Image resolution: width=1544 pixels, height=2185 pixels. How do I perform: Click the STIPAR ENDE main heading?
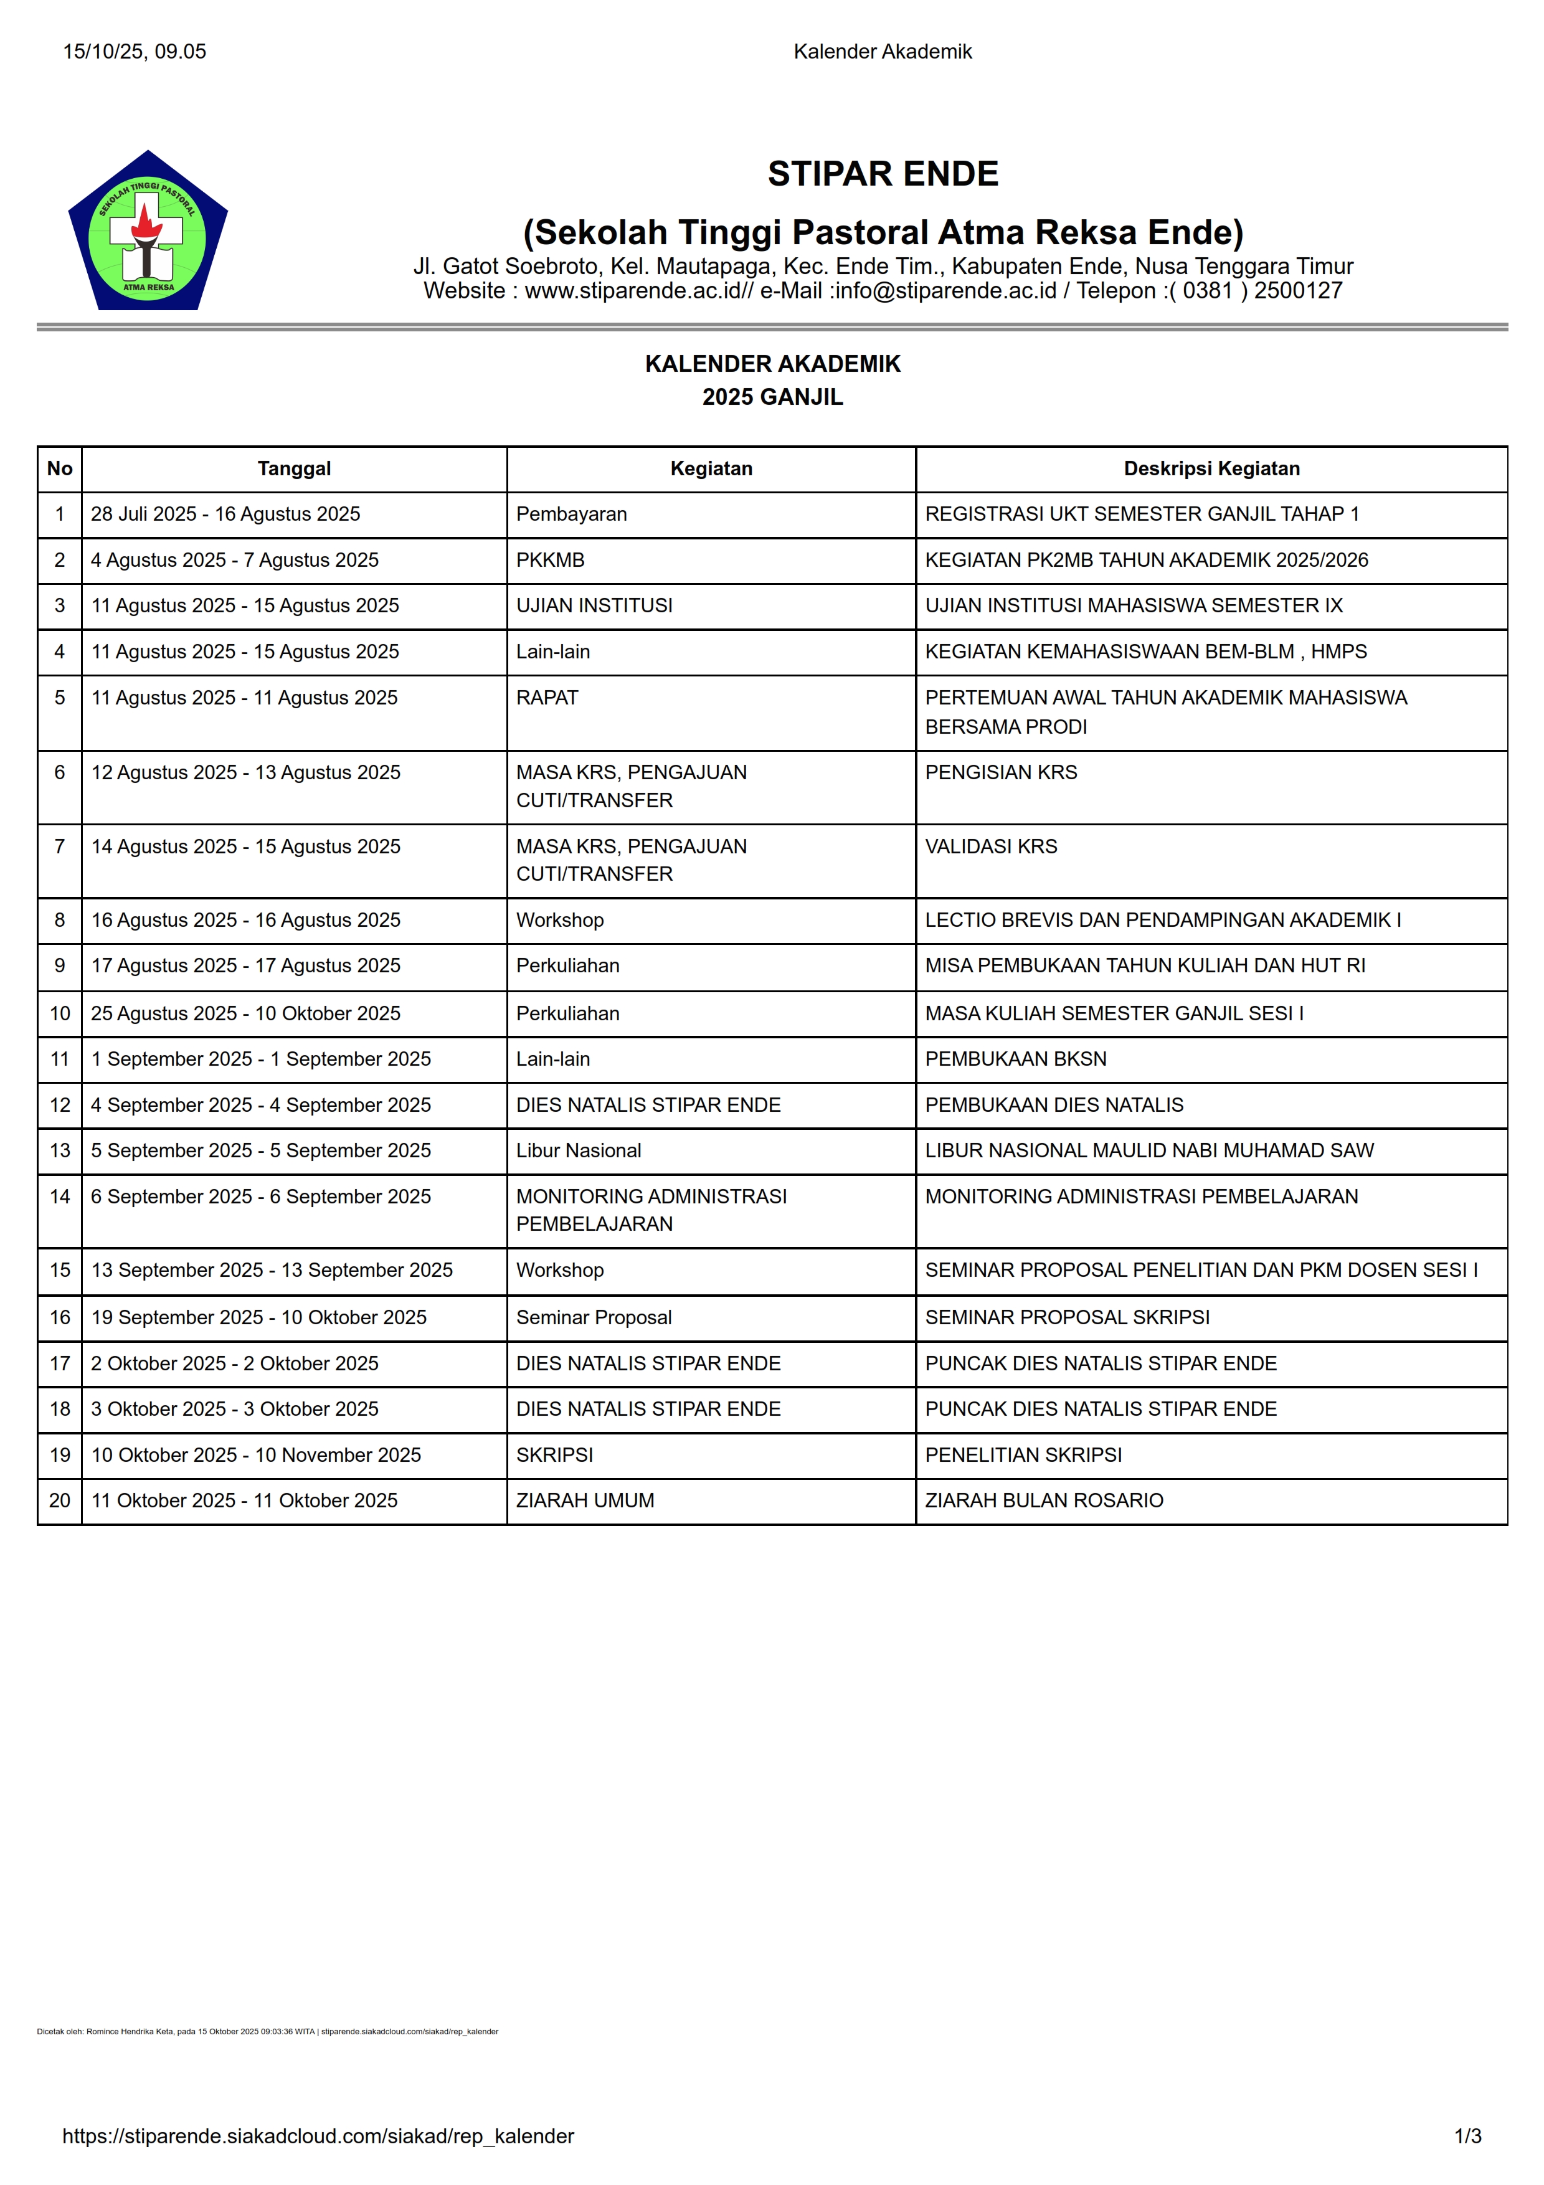(x=882, y=174)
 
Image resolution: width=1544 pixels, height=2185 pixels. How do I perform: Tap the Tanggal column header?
(x=294, y=468)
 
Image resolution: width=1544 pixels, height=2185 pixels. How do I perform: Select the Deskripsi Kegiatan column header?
(x=1210, y=468)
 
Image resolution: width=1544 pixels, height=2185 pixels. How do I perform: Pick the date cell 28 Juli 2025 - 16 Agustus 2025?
(x=225, y=514)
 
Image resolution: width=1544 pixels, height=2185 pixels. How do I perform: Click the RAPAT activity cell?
(x=547, y=698)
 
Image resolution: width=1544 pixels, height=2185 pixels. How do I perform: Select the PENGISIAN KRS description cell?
(x=1001, y=772)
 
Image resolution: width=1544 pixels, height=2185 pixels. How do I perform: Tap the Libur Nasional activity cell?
(x=579, y=1150)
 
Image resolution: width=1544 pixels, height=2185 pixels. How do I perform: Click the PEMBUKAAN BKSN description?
(x=1015, y=1059)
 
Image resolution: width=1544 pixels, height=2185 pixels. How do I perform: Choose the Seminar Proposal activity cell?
(x=594, y=1317)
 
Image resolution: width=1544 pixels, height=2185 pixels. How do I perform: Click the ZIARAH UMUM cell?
(x=585, y=1500)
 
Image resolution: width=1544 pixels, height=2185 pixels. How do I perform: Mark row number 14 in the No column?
(x=60, y=1197)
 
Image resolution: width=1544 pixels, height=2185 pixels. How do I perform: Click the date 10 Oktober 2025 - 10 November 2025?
(x=256, y=1455)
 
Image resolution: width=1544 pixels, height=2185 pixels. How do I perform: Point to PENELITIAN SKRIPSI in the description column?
(x=1023, y=1455)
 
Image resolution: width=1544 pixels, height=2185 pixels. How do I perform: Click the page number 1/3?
(x=1467, y=2136)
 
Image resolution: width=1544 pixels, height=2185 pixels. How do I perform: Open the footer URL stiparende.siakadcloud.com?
(x=318, y=2136)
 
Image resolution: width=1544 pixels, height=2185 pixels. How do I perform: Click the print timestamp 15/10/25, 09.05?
(x=134, y=52)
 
